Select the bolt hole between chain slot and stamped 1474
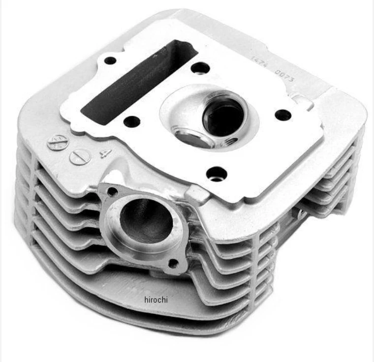tap(200, 67)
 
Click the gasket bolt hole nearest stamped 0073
tap(282, 115)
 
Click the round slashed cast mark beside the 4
tap(80, 157)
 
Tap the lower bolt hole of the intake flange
tap(173, 263)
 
